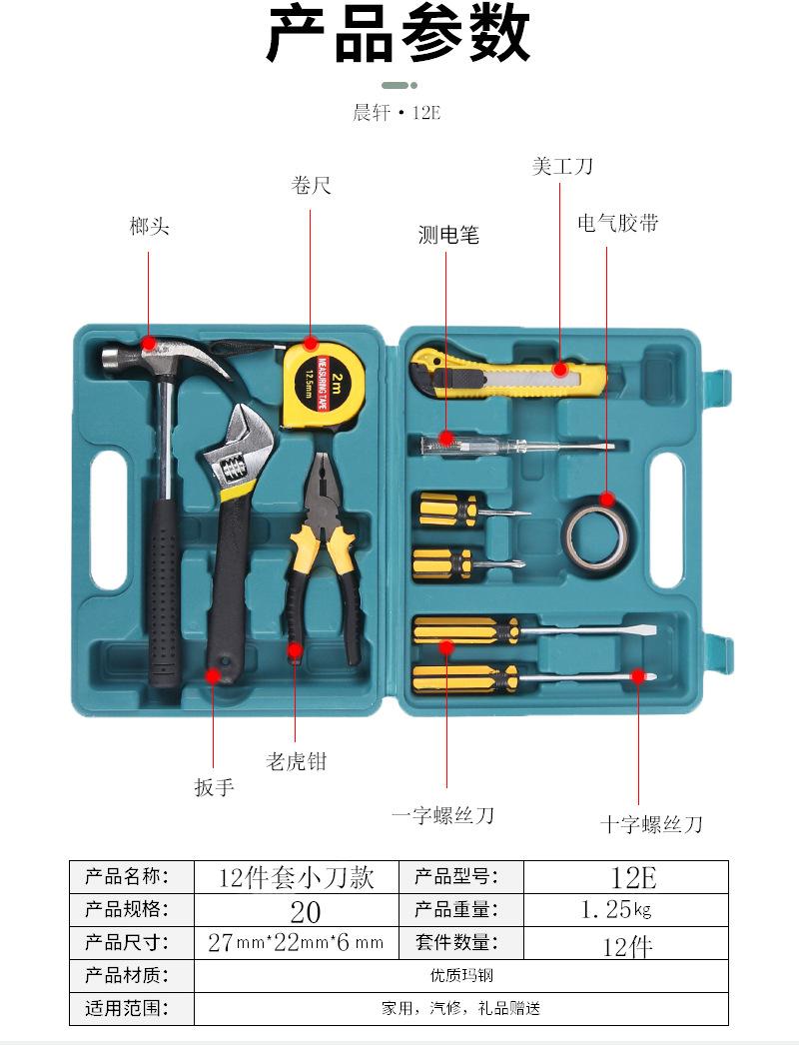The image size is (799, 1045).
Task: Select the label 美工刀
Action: point(562,166)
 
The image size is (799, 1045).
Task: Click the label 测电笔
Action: point(448,235)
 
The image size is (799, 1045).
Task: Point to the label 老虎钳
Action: point(296,761)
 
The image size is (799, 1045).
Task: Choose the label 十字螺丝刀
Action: point(651,824)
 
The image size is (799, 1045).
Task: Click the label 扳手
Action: point(214,787)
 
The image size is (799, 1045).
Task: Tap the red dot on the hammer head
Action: point(149,343)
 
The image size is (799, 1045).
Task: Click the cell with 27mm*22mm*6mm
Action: point(296,942)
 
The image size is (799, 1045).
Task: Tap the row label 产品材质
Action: point(126,975)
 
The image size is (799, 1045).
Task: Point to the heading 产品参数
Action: point(399,35)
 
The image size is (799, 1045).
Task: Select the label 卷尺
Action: point(311,185)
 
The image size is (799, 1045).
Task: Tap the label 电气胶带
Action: point(618,223)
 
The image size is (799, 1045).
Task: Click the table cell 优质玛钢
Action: point(460,976)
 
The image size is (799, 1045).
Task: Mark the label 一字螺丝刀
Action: point(442,815)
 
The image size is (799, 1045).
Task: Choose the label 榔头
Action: point(150,227)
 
